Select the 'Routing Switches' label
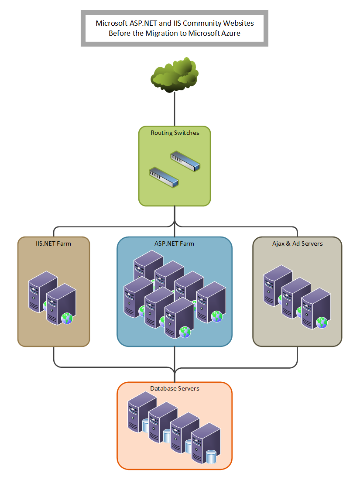(175, 133)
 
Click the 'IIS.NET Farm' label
(54, 243)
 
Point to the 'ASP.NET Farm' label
(175, 243)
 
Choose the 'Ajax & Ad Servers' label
(297, 243)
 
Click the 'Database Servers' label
(175, 388)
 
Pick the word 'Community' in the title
(205, 23)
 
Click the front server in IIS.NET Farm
(61, 303)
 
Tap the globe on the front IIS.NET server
(67, 318)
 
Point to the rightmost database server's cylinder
(211, 457)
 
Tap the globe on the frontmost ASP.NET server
(185, 333)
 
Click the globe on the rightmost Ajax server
(322, 323)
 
